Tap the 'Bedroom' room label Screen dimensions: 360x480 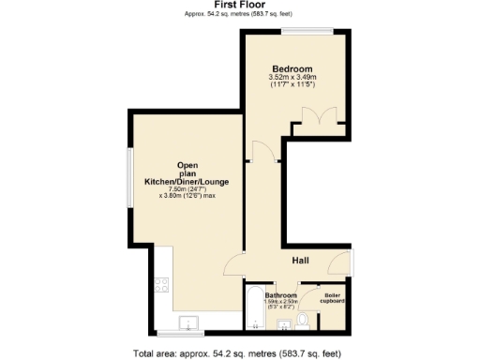(x=292, y=68)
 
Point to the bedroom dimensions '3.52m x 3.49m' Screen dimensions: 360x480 (x=292, y=78)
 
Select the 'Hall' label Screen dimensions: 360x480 (x=301, y=260)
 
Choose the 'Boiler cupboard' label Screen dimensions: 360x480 (x=333, y=300)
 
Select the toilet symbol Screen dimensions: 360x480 (x=302, y=322)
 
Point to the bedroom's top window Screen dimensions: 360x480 (x=299, y=31)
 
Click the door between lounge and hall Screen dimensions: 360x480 (x=233, y=266)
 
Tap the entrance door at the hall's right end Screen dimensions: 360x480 (x=351, y=263)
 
